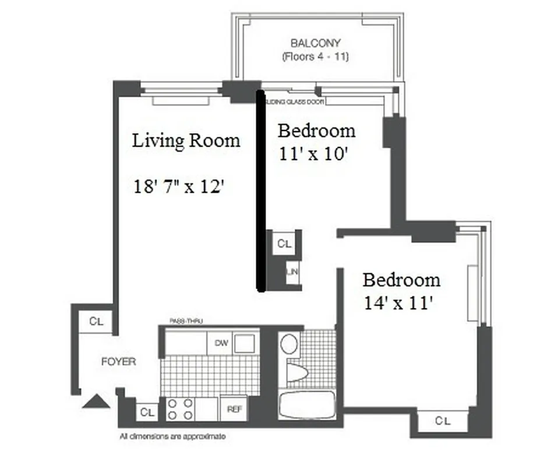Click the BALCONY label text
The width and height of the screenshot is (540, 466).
[x=315, y=43]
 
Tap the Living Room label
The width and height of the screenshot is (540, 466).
[x=186, y=140]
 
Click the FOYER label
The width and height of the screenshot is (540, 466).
[x=118, y=362]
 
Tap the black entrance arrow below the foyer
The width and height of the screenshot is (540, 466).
[x=96, y=401]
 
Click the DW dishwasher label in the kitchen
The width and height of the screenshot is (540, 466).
[x=221, y=343]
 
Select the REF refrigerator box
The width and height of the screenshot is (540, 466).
[x=234, y=409]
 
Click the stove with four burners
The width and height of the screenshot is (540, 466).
[x=180, y=408]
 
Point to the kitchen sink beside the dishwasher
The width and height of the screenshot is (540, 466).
[x=245, y=343]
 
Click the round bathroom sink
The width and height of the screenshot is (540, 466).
[x=289, y=344]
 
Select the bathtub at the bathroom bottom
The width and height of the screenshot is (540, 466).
[x=306, y=405]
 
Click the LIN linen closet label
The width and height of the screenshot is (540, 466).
[x=293, y=271]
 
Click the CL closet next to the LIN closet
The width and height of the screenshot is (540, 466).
[x=284, y=243]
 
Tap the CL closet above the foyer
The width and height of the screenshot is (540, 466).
[x=97, y=321]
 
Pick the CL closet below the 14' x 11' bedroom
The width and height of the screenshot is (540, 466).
[x=443, y=420]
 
